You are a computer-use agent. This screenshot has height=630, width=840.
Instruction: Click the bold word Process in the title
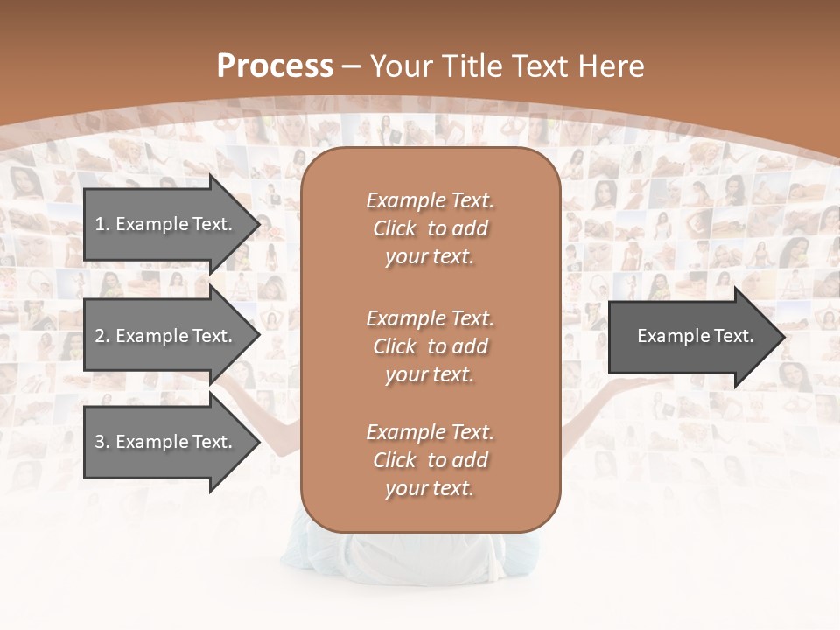[275, 66]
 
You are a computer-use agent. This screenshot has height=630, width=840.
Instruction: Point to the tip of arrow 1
[258, 224]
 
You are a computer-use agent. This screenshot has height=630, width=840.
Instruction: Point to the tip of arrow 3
[258, 442]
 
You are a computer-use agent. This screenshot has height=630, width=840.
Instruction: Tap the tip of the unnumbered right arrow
[785, 336]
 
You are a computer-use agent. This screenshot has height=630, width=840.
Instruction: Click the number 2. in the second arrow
[102, 336]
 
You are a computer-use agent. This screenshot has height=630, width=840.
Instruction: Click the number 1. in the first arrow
[102, 224]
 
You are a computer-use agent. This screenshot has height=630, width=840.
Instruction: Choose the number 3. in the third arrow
[102, 442]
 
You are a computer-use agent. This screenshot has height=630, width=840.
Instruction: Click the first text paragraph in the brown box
[430, 228]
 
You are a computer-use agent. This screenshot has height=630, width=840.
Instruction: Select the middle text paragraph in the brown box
[430, 346]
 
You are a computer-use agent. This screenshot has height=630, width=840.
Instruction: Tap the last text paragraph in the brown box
[430, 460]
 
